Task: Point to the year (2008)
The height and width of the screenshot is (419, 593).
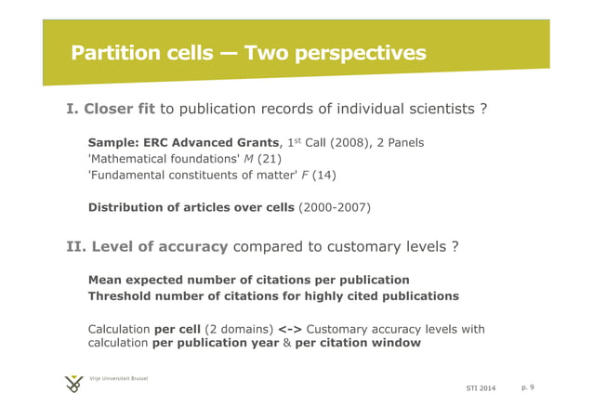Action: (342, 143)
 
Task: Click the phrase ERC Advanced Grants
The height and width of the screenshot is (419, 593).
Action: (206, 143)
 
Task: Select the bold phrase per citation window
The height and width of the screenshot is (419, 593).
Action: (358, 343)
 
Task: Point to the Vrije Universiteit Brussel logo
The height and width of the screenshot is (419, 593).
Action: (73, 384)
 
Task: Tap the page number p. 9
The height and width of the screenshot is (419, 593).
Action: (527, 386)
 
